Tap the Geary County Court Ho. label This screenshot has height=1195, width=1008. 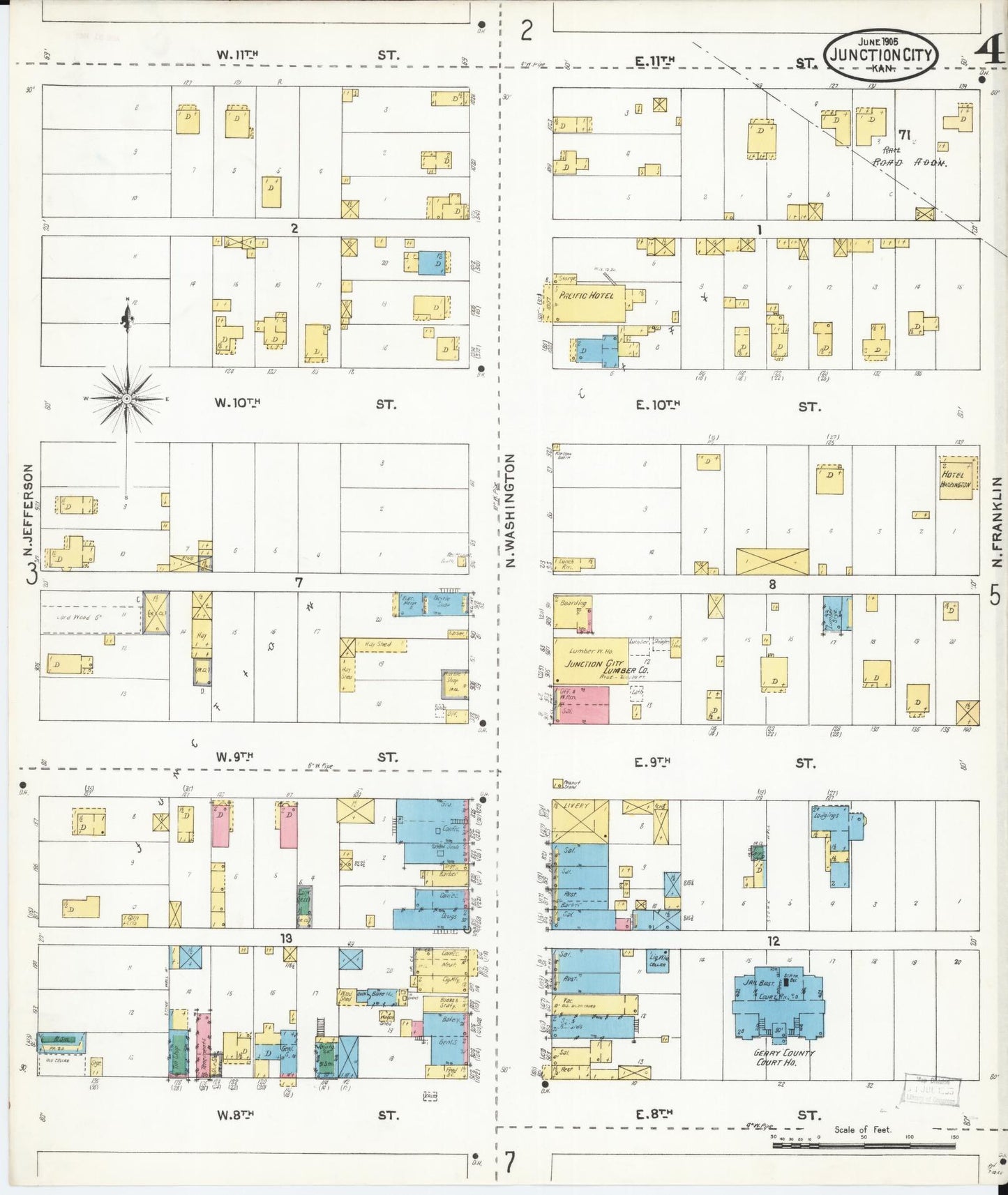(x=785, y=1057)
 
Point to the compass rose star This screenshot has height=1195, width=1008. (x=127, y=399)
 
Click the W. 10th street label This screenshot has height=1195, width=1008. (x=238, y=403)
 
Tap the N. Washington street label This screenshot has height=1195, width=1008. (x=510, y=510)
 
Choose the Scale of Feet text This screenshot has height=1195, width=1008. (x=862, y=1129)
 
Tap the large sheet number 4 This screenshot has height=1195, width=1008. (x=989, y=50)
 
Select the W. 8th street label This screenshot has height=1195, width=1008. (x=234, y=1115)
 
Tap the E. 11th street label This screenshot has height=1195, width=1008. (x=655, y=63)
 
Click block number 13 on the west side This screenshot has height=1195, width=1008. (x=286, y=938)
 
